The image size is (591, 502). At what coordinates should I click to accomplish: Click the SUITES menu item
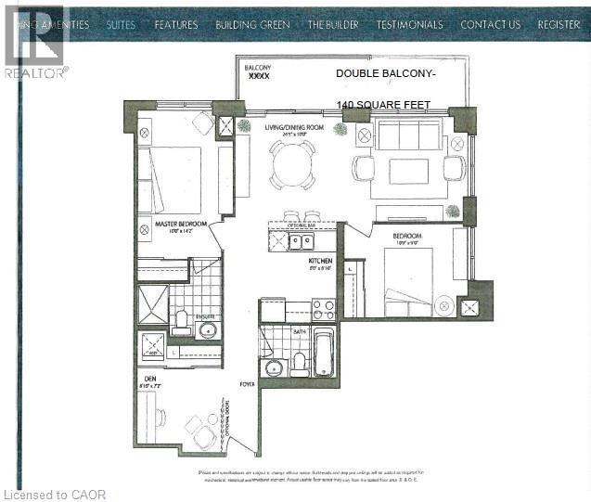click(x=121, y=25)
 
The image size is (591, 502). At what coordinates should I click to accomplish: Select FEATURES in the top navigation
click(x=175, y=25)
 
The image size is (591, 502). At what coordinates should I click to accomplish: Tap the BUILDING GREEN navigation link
click(x=252, y=25)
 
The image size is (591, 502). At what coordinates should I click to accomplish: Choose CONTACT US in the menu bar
click(x=490, y=25)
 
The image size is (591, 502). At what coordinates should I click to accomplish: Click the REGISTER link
click(x=559, y=25)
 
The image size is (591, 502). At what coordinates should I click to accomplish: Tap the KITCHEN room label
click(x=321, y=262)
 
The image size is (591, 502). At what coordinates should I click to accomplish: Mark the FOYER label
click(x=246, y=383)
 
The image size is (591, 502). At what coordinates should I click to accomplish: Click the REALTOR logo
click(x=35, y=42)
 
